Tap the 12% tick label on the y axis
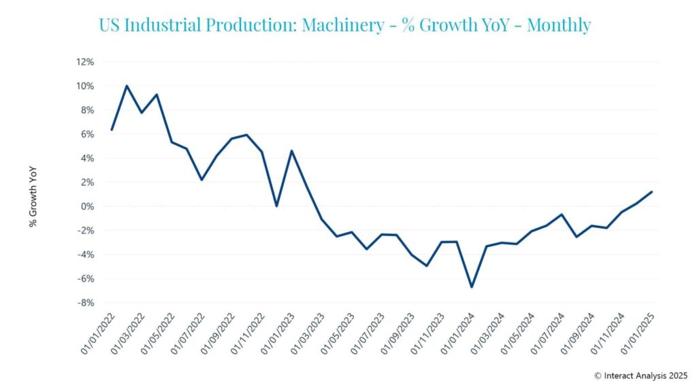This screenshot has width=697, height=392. coord(85,62)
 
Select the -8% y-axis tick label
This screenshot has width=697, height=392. coord(86,303)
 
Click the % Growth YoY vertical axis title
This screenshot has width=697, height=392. coord(33,199)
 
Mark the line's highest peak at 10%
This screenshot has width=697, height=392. coord(127,86)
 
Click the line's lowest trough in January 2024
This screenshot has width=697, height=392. coord(471,287)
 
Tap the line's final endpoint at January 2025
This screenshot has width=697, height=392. coord(651,191)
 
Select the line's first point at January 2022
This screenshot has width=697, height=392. coord(112,129)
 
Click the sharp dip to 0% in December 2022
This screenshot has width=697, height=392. coord(276,206)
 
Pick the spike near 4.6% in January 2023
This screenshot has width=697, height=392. coord(291,151)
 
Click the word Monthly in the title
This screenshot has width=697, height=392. coord(559,26)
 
